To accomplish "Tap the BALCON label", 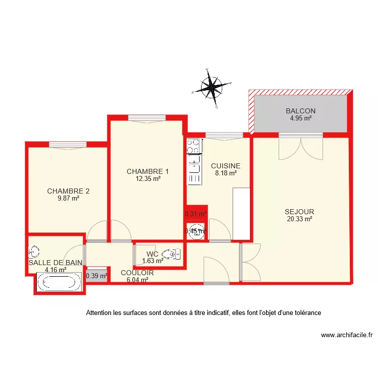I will click(x=300, y=111).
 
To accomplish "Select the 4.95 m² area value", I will click(x=300, y=119).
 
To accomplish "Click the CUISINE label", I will click(x=225, y=166).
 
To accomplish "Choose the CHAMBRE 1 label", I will click(x=148, y=171).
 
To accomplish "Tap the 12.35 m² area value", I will click(x=148, y=178).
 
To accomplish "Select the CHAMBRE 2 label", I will click(x=68, y=191).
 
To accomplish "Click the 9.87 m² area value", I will click(x=68, y=199).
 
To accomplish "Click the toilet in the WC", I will click(x=173, y=254).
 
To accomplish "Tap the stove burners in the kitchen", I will click(x=193, y=146).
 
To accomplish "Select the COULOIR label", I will click(x=137, y=273).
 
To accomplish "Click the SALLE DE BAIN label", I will click(x=55, y=263).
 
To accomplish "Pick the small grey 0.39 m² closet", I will click(x=97, y=276).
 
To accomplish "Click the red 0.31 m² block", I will click(x=196, y=214).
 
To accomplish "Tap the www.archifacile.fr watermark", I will click(x=346, y=335).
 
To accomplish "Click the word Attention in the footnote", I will click(x=100, y=313).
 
